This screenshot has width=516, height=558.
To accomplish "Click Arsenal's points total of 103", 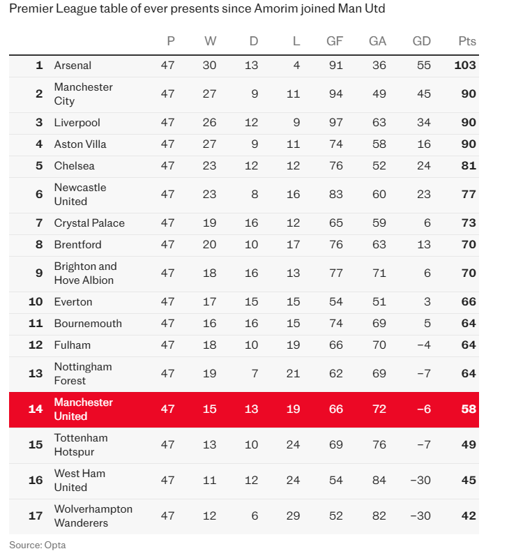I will point(464,66).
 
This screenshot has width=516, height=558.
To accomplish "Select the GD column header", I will point(421,41).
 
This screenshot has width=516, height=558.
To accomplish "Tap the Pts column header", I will point(467,41).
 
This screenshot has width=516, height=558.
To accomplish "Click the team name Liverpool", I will point(77,123).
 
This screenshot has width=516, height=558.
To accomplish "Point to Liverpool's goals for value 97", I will point(335,123).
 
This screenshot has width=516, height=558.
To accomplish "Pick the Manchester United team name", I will point(83,409).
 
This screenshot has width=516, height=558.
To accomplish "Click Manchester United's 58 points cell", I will point(469,409).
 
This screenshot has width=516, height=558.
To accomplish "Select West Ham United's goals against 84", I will point(378,481).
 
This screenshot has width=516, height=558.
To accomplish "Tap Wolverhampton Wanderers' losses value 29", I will point(293,516).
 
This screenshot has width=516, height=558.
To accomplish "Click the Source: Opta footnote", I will point(38,545).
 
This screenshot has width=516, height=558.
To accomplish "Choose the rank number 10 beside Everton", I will point(36,302).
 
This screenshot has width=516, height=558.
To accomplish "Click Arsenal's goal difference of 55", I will point(423,66).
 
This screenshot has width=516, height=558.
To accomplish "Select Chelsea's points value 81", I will point(469,166).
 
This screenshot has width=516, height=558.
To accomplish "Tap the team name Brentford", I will point(78,245).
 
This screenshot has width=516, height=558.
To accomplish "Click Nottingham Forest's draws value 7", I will point(255,374).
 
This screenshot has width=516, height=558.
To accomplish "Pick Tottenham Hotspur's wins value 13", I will point(209,445).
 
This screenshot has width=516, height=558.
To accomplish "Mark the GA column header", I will point(377,41).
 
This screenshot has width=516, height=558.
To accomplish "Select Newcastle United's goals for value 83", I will point(335,195).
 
